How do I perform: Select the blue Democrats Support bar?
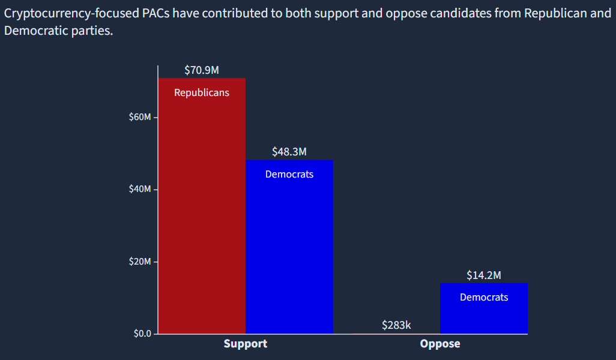point(289,252)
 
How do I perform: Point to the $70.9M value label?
point(202,70)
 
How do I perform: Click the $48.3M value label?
point(289,152)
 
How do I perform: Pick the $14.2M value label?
point(484,275)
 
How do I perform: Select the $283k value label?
point(396,325)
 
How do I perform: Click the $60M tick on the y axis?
point(140,117)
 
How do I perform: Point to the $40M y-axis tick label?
point(140,190)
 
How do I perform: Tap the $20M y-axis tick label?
point(140,262)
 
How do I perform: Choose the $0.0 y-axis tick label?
point(142,334)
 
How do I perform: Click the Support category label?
point(246,344)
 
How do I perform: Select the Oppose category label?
point(440,344)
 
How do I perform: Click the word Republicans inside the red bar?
point(202,93)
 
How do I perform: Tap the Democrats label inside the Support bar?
point(289,175)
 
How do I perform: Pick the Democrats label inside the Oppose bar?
point(484,298)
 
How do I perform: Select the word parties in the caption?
point(93,31)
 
